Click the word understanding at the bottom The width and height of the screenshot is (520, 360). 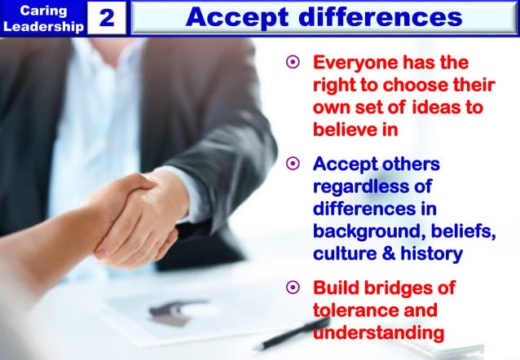(378, 333)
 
